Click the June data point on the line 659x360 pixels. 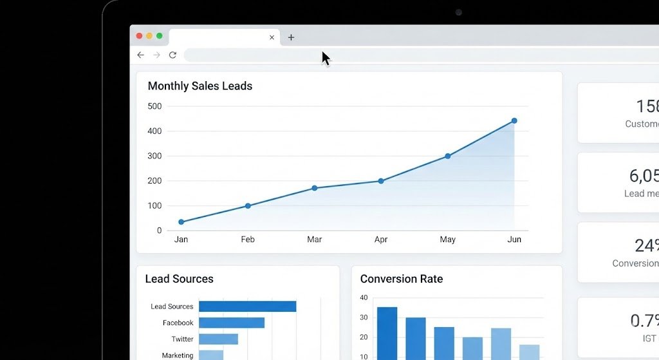tap(514, 120)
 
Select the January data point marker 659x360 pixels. tap(181, 222)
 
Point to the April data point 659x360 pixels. tap(381, 181)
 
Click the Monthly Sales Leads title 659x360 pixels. tap(200, 86)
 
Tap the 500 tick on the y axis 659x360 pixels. tap(154, 106)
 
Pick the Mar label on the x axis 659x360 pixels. tap(314, 240)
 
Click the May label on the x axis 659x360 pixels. tap(447, 240)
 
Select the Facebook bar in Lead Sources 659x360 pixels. tap(232, 323)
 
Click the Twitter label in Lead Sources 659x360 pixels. tap(182, 339)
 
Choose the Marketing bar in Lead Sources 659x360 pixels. tap(211, 355)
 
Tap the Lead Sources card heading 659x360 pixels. tap(179, 279)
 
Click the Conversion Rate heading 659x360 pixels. tap(401, 279)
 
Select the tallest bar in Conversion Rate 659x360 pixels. tap(387, 333)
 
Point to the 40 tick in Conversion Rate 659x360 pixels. tap(364, 298)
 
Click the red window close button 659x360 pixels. tap(139, 36)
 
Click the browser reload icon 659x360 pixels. tap(172, 55)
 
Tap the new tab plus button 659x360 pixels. tap(291, 37)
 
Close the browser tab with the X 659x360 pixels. tap(272, 37)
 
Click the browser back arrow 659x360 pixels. tap(141, 55)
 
